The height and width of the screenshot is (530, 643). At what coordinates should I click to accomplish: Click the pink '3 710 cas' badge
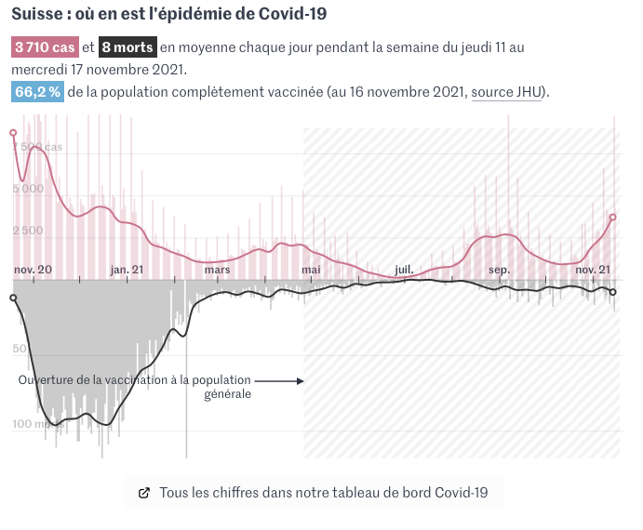pyautogui.click(x=44, y=47)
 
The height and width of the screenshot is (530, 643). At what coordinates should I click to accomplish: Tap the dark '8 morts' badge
pyautogui.click(x=127, y=47)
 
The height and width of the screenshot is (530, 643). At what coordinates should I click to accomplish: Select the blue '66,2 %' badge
pyautogui.click(x=38, y=91)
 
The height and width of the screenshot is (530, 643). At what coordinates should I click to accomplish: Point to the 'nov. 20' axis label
pyautogui.click(x=33, y=270)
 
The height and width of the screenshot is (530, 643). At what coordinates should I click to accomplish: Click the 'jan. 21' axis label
pyautogui.click(x=127, y=270)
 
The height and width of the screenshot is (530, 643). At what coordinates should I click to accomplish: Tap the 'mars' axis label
pyautogui.click(x=217, y=270)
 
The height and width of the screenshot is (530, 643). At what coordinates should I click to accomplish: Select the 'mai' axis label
pyautogui.click(x=311, y=270)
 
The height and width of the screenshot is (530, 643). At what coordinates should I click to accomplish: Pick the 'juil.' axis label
pyautogui.click(x=404, y=270)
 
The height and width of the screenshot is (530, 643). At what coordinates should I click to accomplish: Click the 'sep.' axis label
pyautogui.click(x=500, y=270)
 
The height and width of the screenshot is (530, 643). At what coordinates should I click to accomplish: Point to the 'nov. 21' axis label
pyautogui.click(x=592, y=270)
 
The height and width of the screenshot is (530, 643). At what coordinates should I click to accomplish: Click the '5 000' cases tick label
pyautogui.click(x=28, y=189)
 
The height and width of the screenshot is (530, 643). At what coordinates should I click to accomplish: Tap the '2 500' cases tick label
pyautogui.click(x=28, y=231)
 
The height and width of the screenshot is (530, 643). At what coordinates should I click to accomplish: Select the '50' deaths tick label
pyautogui.click(x=20, y=349)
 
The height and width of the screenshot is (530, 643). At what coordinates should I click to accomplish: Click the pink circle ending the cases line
pyautogui.click(x=613, y=217)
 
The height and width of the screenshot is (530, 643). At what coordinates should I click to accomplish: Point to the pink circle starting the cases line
pyautogui.click(x=13, y=133)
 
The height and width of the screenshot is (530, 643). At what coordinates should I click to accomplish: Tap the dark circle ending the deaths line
pyautogui.click(x=613, y=292)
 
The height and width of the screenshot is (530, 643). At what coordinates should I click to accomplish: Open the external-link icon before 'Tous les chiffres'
pyautogui.click(x=144, y=493)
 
